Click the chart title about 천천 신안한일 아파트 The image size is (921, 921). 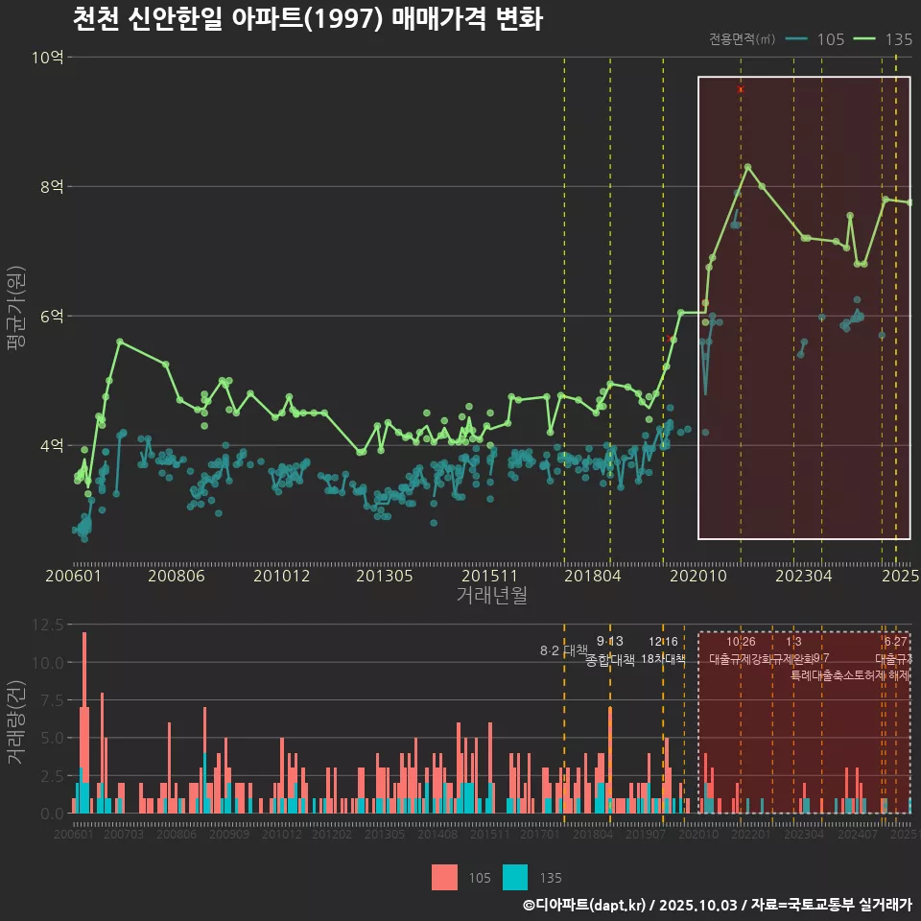[x=307, y=18]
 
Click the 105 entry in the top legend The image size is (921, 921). [x=815, y=39]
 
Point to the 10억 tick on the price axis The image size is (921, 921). [x=47, y=58]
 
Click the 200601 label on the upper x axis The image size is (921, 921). [x=73, y=576]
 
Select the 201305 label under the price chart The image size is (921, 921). [x=384, y=576]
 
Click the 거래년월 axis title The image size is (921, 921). [x=491, y=596]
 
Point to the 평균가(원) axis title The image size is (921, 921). [x=16, y=312]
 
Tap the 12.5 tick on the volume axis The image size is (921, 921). [x=47, y=625]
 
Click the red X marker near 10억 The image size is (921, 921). [x=741, y=89]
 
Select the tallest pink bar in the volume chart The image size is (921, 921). [x=84, y=722]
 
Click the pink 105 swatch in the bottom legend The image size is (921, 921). [x=444, y=877]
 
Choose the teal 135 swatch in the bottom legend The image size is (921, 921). [x=515, y=877]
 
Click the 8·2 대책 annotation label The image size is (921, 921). [x=563, y=650]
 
